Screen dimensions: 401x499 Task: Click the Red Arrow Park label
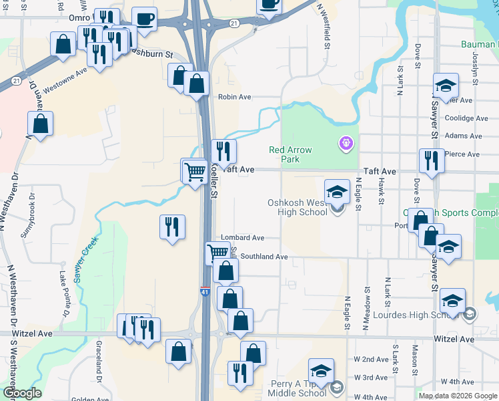click(x=290, y=154)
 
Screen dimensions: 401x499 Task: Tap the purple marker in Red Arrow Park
click(x=346, y=142)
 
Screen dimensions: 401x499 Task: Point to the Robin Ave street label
click(x=234, y=97)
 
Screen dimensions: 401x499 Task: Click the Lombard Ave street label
click(x=243, y=237)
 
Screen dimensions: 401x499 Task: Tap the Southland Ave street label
click(x=264, y=257)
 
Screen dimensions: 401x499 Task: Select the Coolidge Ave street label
click(x=467, y=118)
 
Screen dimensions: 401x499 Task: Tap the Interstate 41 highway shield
click(x=205, y=291)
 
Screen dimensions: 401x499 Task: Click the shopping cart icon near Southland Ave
click(x=218, y=253)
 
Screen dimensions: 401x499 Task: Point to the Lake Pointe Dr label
click(x=63, y=294)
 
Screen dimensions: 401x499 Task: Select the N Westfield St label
click(x=325, y=27)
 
